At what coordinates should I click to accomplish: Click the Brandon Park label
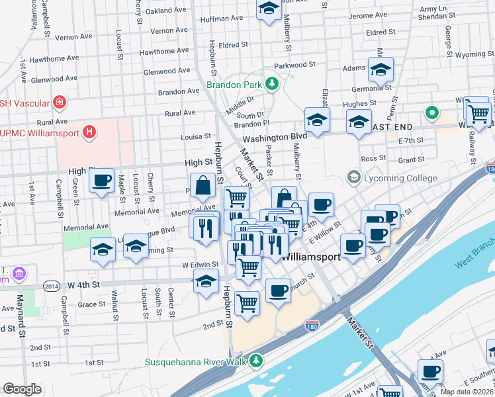234,85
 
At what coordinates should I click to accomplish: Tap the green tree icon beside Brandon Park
271,83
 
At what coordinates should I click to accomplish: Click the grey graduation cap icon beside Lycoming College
353,177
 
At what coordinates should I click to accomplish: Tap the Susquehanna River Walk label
195,361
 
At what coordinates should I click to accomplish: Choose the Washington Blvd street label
274,137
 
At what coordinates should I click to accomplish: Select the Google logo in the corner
22,388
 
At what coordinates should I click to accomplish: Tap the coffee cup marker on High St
101,181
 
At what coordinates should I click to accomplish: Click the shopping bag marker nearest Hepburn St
203,187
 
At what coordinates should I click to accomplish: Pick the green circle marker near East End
432,113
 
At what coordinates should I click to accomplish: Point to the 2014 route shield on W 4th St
51,286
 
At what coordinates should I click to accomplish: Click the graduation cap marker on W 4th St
206,282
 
